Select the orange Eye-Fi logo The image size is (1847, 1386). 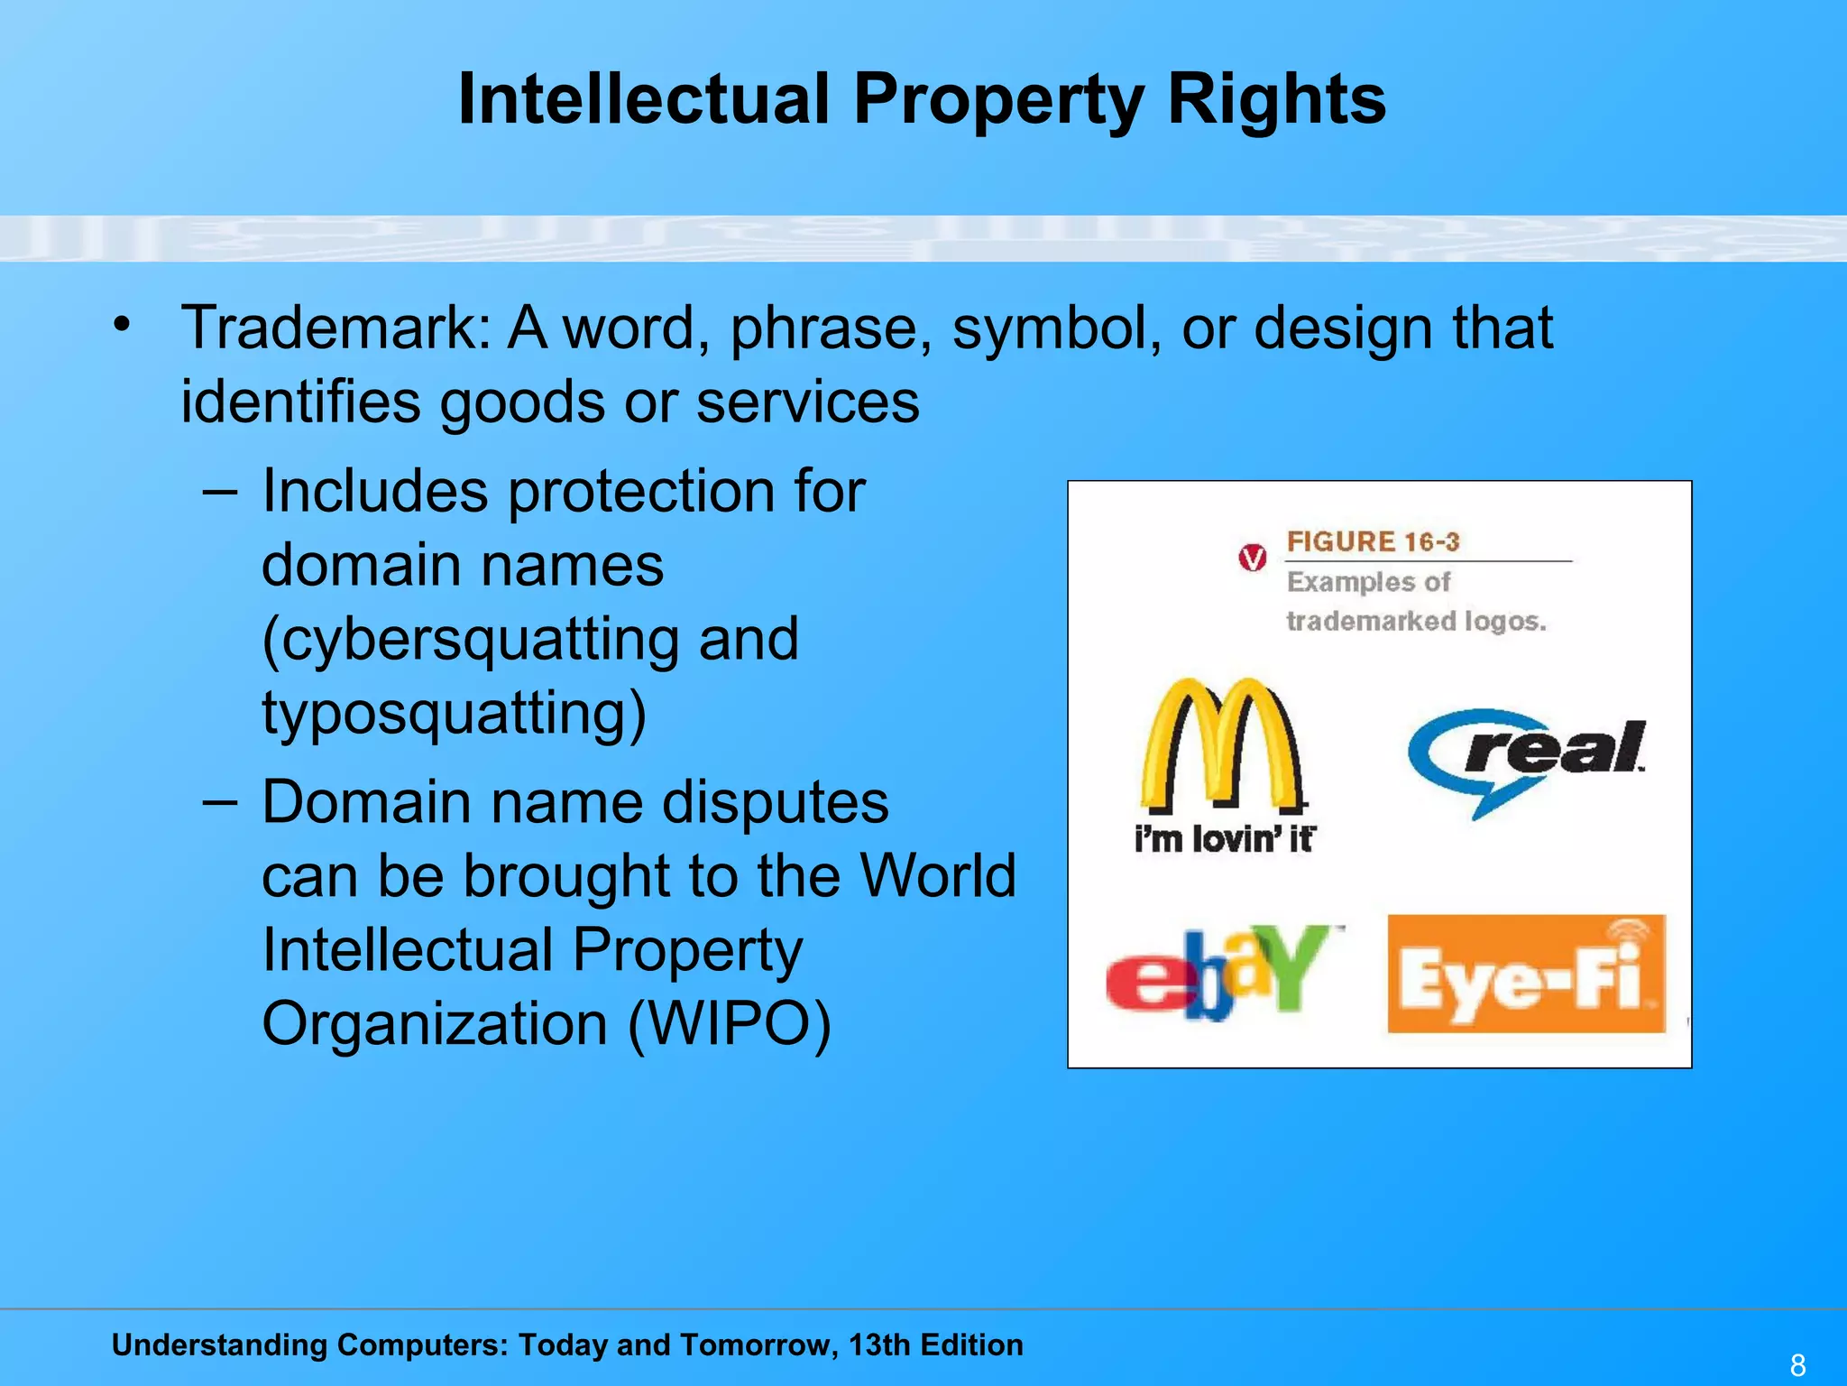coord(1526,975)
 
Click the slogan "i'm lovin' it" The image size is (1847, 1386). coord(1224,839)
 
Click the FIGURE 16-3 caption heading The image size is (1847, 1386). coord(1373,542)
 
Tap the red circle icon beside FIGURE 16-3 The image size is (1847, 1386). coord(1252,559)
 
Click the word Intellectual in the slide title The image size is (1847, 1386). coord(643,99)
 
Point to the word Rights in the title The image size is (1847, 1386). coord(1276,99)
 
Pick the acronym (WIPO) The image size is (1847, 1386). coord(729,1024)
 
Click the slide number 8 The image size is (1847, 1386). coord(1797,1365)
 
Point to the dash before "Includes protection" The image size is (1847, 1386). coord(220,492)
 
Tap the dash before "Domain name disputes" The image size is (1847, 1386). coord(220,802)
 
